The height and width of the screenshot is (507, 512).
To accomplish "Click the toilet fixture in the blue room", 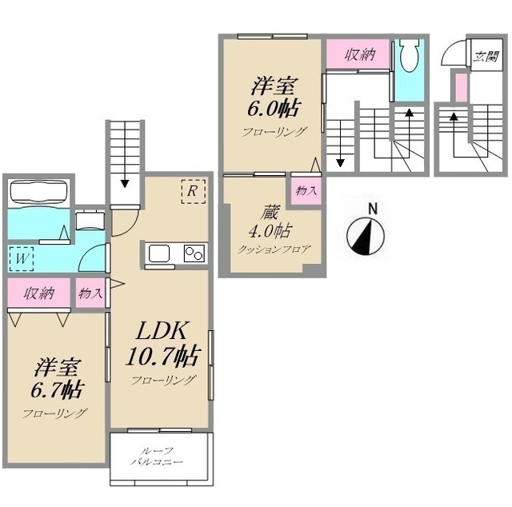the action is [410, 55].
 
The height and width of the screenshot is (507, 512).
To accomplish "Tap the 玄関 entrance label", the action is [486, 57].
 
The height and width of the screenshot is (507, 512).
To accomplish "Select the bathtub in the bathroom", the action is [39, 193].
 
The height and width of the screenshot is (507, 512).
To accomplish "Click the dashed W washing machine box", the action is [22, 258].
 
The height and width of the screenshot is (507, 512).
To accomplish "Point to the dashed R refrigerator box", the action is [194, 191].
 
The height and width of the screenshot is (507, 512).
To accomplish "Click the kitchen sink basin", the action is [159, 253].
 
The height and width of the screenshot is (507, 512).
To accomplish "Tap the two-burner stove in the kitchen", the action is [194, 253].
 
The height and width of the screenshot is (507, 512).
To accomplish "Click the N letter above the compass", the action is [373, 209].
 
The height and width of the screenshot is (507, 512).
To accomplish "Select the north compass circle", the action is [365, 236].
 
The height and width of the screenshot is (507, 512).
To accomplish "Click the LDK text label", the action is [162, 331].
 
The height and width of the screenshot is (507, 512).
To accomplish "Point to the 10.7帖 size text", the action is [162, 356].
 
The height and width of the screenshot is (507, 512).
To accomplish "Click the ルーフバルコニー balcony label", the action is [157, 457].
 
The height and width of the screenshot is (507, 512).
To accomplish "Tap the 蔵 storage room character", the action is [270, 213].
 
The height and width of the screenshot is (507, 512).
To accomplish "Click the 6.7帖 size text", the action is [58, 389].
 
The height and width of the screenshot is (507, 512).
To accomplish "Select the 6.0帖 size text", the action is [274, 109].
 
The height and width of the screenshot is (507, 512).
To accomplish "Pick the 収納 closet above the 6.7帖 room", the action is [39, 293].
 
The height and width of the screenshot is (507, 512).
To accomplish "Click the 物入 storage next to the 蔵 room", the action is [306, 191].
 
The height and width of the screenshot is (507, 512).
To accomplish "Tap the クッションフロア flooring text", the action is [273, 250].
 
